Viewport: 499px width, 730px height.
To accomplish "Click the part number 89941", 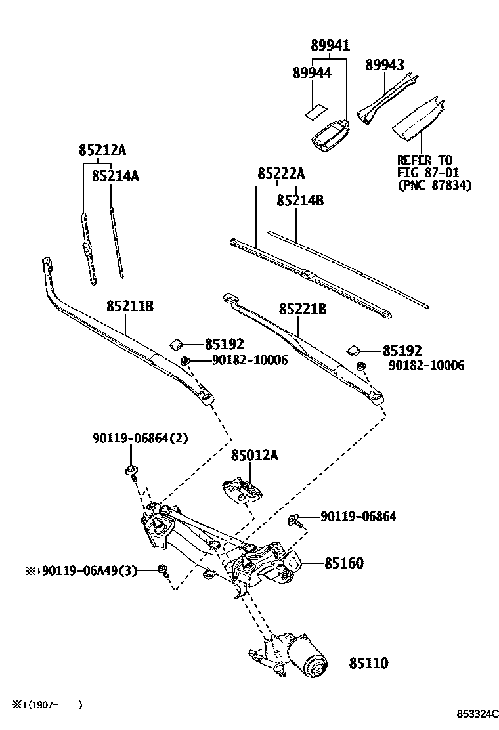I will pyautogui.click(x=330, y=45).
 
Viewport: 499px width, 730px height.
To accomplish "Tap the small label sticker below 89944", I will pyautogui.click(x=317, y=110).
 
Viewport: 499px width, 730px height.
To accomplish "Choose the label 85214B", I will pyautogui.click(x=300, y=200).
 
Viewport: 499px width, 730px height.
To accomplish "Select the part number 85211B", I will pyautogui.click(x=129, y=305).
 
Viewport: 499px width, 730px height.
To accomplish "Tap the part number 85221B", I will pyautogui.click(x=302, y=309).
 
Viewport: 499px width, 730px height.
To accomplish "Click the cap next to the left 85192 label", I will pyautogui.click(x=177, y=343).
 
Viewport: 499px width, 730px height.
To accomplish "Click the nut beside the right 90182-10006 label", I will pyautogui.click(x=360, y=365).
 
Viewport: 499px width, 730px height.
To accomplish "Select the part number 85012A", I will pyautogui.click(x=254, y=455).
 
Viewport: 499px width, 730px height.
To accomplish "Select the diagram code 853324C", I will pyautogui.click(x=478, y=714).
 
